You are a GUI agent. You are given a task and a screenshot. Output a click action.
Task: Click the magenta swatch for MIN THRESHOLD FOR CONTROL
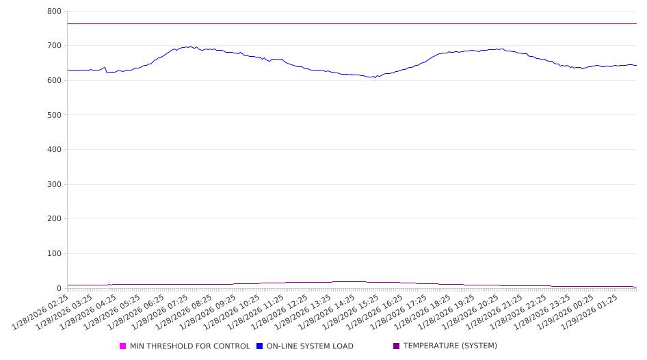click(123, 346)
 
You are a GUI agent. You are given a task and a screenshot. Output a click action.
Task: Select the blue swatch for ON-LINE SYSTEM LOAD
click(260, 346)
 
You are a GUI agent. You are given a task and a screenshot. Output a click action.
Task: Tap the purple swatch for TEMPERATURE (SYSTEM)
click(397, 346)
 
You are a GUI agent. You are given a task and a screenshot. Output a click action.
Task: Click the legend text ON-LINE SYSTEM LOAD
click(310, 346)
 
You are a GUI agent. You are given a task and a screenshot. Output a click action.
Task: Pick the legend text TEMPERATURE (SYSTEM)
click(450, 346)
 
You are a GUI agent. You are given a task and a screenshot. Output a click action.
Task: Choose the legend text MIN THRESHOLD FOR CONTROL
click(189, 346)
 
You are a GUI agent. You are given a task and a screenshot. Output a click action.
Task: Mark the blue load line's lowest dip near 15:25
click(373, 77)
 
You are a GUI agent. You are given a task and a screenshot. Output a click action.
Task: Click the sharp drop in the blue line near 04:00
click(106, 70)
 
